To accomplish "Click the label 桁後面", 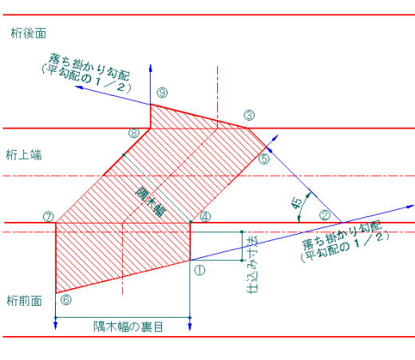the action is click(29, 34).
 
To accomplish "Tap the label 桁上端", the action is click(24, 155).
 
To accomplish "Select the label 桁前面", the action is click(24, 301).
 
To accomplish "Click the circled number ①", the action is click(200, 271).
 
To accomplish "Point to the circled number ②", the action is click(325, 216).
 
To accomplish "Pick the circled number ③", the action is click(249, 115).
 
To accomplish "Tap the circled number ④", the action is click(205, 217).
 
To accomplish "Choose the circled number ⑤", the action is click(264, 159).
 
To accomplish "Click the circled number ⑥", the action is click(66, 300).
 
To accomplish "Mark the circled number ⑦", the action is click(49, 217).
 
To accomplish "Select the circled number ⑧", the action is click(134, 133).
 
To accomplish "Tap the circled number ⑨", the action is click(162, 93).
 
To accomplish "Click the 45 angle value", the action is click(296, 204).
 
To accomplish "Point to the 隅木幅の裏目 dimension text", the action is click(128, 327).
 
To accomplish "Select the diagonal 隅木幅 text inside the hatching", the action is click(151, 202).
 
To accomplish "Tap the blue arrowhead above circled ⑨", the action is click(151, 68).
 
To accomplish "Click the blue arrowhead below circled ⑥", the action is click(55, 326).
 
